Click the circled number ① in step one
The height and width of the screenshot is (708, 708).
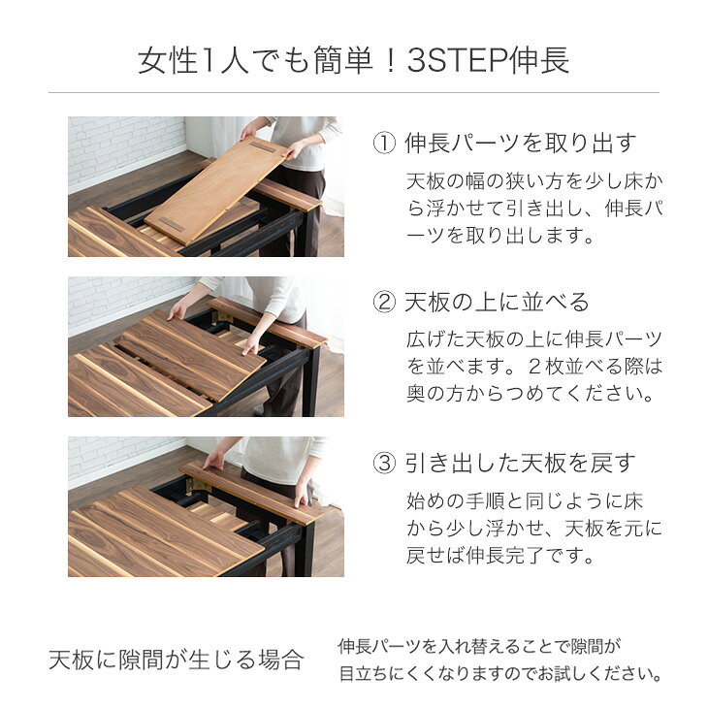click(x=384, y=144)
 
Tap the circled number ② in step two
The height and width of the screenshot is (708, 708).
click(x=384, y=302)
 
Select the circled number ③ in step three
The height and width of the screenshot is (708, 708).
click(x=384, y=463)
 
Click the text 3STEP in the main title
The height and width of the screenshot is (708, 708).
click(x=457, y=61)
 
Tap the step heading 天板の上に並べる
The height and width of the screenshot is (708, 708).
click(x=497, y=302)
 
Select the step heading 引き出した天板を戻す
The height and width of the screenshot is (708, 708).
click(x=520, y=463)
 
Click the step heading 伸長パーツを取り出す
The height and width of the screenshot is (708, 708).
click(x=520, y=144)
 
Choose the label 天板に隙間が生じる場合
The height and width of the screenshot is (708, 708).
click(x=176, y=660)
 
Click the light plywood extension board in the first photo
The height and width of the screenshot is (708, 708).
click(x=216, y=186)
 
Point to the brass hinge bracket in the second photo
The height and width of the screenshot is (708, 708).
click(x=223, y=316)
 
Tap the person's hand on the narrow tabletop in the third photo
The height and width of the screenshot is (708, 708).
click(x=214, y=460)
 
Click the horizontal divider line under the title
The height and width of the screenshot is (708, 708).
click(x=354, y=93)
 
